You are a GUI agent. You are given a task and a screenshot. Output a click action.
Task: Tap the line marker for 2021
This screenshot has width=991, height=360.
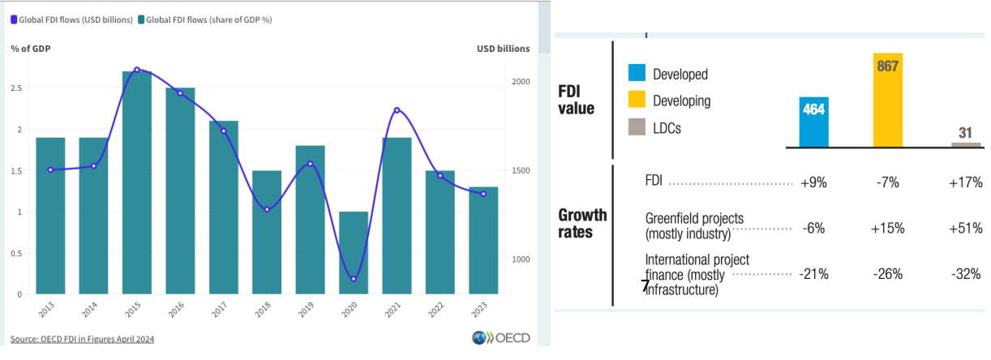coord(397,110)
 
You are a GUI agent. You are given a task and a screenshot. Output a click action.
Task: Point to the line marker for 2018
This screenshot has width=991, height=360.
coord(267,209)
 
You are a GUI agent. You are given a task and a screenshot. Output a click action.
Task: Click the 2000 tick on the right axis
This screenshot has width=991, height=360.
coord(520,82)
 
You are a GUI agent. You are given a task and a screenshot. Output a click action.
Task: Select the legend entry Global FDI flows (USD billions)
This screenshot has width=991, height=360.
coord(72,19)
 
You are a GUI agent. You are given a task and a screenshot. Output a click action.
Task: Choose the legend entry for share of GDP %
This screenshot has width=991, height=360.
coord(205,19)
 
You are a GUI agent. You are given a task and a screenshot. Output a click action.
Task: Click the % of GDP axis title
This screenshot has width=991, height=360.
coord(30,49)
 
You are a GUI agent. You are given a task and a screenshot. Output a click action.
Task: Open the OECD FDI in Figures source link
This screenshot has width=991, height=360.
coord(82,339)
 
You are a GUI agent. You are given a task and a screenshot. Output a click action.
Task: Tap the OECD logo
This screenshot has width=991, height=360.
coord(500,338)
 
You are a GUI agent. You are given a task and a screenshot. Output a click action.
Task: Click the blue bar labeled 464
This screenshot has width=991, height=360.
coord(813,122)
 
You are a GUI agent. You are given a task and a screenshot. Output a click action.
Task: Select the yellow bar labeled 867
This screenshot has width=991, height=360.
coord(887,101)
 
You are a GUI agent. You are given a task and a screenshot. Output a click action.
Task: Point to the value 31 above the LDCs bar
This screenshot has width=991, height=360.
coord(965,133)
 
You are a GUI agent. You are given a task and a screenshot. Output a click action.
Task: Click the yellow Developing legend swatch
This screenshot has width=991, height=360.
coord(637,101)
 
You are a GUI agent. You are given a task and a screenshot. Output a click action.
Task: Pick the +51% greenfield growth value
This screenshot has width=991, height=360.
coord(965,229)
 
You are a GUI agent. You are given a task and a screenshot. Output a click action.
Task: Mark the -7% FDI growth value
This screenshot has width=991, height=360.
coord(887,182)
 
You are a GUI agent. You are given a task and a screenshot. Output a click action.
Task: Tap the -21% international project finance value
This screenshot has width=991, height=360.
coord(813,274)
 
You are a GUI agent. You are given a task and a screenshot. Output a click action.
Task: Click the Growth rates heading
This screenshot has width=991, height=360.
coord(582,223)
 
